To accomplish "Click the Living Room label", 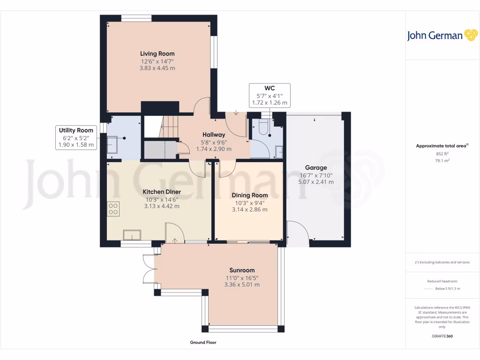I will pos(157,54).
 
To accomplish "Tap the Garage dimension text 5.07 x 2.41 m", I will pos(316,182).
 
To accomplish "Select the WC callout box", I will pos(270,95).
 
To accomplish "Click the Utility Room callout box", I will pos(76,137).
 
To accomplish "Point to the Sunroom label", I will pos(242,270).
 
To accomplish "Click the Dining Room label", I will pos(249,195).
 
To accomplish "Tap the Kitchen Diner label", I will pos(162,192).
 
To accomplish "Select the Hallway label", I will pos(214,135).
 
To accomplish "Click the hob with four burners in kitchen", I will pos(113,208).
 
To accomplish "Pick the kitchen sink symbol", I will pos(131,234).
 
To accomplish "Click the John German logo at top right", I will pos(442,36).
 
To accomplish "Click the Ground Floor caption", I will pos(203,343).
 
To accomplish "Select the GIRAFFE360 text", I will pos(442,336).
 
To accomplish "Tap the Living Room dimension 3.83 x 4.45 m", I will pos(157,68).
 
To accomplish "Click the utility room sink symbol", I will pos(112,144).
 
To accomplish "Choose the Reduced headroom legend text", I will pos(442,281).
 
